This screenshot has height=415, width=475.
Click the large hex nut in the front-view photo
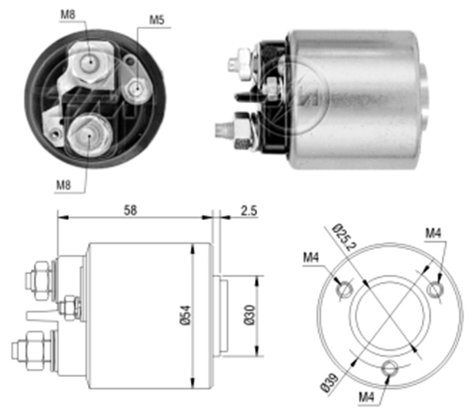(x=87, y=132)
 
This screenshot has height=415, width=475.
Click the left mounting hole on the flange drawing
(x=345, y=290)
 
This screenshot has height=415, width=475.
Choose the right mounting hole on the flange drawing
(x=435, y=290)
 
